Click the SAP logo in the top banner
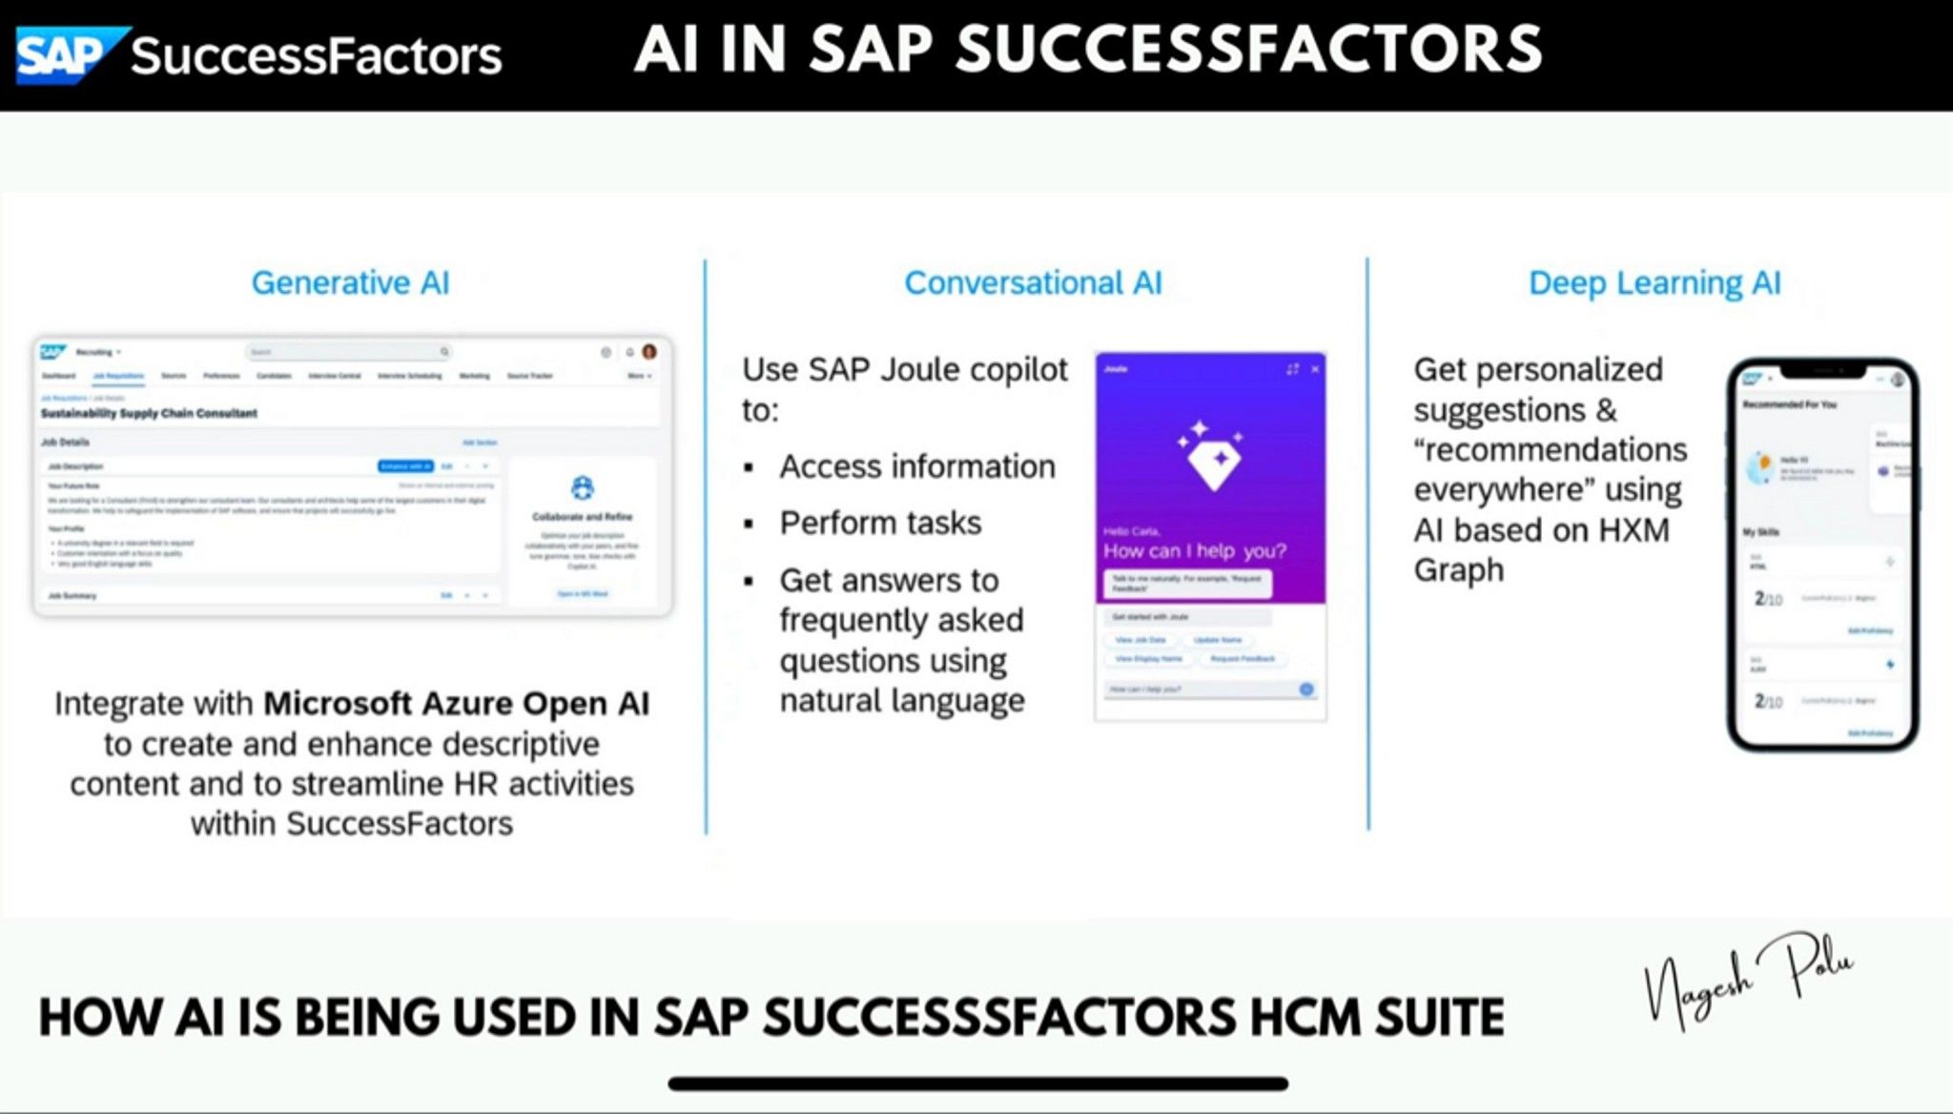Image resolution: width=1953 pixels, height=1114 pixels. [x=67, y=55]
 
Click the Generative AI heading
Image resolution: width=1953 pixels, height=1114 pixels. [x=350, y=283]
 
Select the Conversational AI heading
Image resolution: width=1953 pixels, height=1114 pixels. [x=1033, y=283]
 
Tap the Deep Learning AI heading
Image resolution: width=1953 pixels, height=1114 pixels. [x=1655, y=283]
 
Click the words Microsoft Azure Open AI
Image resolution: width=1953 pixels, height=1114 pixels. [x=456, y=704]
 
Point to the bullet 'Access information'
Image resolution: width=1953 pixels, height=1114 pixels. [x=916, y=467]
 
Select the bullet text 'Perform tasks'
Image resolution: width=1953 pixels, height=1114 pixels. [x=880, y=524]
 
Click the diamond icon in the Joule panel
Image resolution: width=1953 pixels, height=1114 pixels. [x=1212, y=458]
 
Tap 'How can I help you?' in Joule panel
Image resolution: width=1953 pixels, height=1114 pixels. [x=1194, y=551]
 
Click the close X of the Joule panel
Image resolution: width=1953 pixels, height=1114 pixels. [x=1315, y=369]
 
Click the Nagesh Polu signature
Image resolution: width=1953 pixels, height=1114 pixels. [x=1748, y=978]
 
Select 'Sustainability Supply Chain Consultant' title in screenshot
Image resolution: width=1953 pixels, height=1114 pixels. [x=149, y=414]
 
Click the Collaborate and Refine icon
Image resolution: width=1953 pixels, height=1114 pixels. [x=582, y=488]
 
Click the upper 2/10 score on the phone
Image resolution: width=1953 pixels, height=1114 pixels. [x=1767, y=599]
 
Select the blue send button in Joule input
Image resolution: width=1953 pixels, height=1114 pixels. [x=1305, y=689]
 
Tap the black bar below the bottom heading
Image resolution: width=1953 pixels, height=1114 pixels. [x=977, y=1083]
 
